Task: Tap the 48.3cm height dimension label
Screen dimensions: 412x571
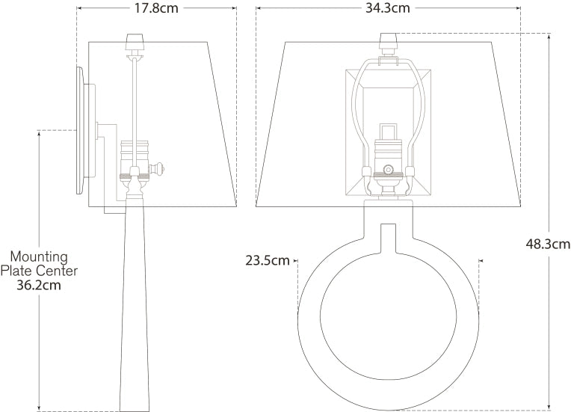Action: pos(548,243)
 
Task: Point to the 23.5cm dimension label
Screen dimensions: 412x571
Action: pos(267,260)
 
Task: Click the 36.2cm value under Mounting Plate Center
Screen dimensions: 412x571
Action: pos(38,285)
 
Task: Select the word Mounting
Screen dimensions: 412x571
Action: pos(39,256)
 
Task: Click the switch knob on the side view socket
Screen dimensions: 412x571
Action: pos(160,170)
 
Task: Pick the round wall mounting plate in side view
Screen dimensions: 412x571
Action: pos(79,130)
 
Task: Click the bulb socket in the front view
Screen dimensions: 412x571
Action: pos(388,168)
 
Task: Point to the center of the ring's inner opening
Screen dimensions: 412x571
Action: pos(388,318)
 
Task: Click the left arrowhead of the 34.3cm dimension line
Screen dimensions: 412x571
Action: pos(259,9)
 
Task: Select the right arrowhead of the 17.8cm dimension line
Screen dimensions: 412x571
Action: pos(234,9)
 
